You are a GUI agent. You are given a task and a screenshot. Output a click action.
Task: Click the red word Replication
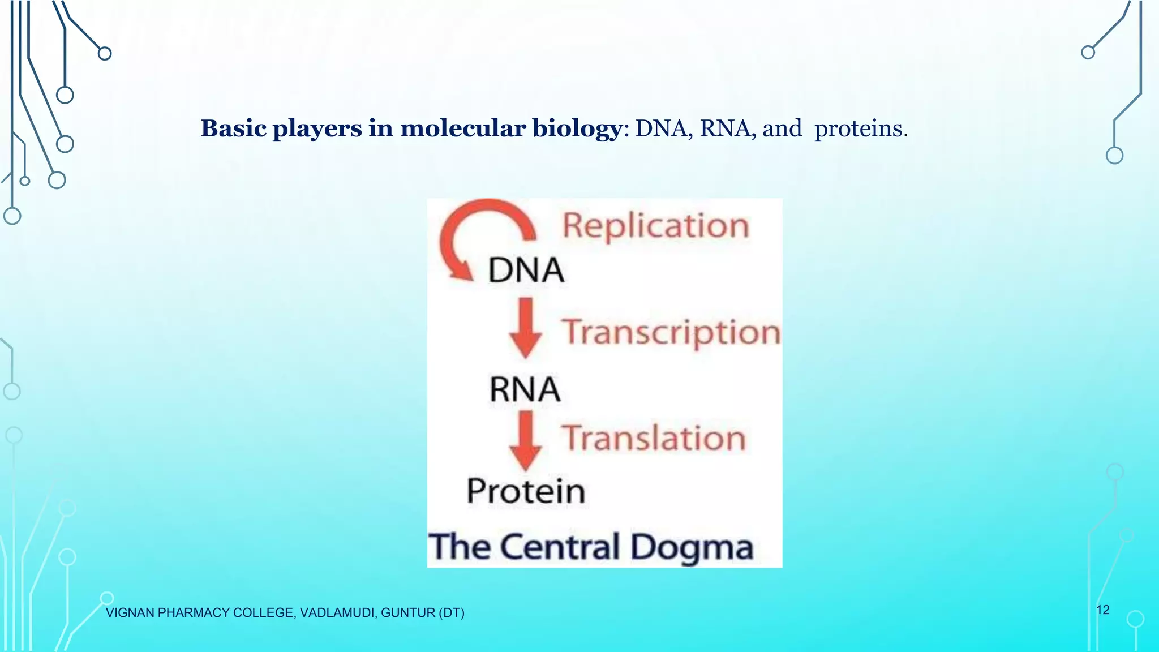tap(655, 226)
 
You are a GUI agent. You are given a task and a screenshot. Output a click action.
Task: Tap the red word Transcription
tap(671, 332)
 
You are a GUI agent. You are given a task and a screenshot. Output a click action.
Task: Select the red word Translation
tap(654, 439)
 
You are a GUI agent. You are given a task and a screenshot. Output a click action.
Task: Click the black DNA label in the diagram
tap(526, 271)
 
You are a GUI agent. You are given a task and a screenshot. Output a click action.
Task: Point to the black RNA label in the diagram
tap(525, 390)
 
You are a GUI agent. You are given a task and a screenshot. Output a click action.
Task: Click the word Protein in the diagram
tap(526, 491)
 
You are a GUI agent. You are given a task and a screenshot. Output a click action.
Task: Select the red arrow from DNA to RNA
tap(526, 328)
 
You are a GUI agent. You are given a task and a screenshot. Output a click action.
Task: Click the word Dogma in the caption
tap(691, 548)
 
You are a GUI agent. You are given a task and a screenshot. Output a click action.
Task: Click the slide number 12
tap(1102, 610)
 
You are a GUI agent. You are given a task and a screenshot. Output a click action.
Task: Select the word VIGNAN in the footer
tap(130, 613)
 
